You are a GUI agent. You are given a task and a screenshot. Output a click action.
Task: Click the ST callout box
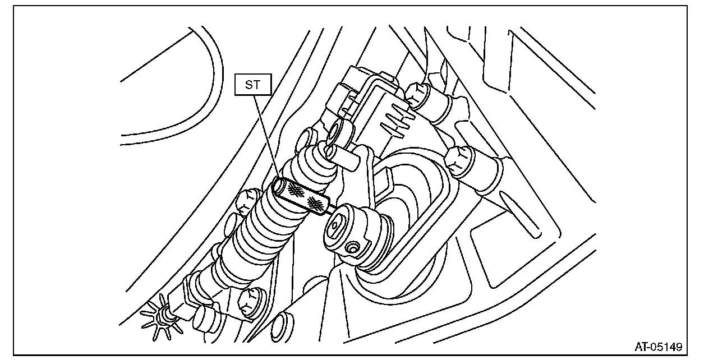[253, 86]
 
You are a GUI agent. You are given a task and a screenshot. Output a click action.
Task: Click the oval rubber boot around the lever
[415, 219]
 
